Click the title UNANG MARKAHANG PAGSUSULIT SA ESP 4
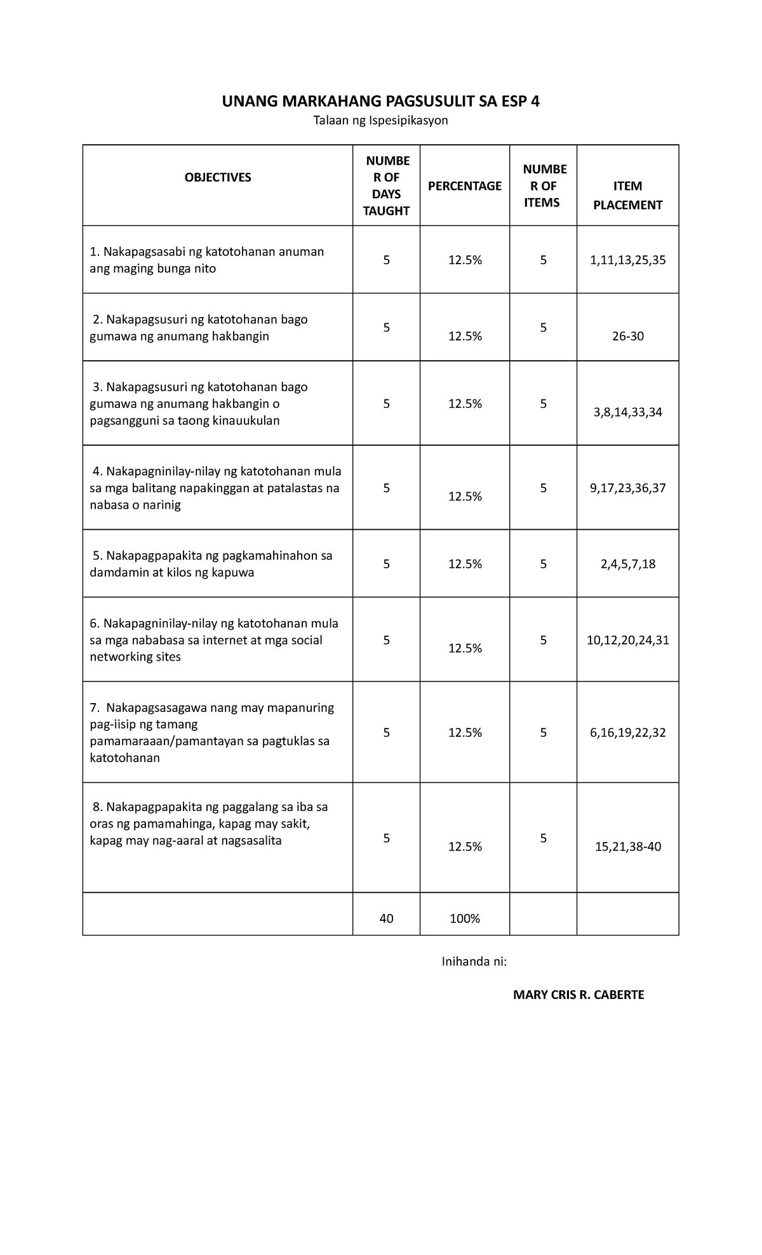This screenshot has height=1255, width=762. pyautogui.click(x=380, y=101)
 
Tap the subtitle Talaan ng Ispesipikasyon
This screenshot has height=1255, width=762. pyautogui.click(x=380, y=121)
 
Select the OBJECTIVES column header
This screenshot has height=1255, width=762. pyautogui.click(x=218, y=178)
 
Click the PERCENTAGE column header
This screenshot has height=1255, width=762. pyautogui.click(x=464, y=186)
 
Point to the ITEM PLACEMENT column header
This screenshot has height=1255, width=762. pyautogui.click(x=627, y=196)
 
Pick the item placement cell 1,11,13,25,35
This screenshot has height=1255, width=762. pyautogui.click(x=627, y=260)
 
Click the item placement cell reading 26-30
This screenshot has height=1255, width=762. pyautogui.click(x=627, y=336)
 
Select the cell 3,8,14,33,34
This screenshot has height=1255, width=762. pyautogui.click(x=627, y=412)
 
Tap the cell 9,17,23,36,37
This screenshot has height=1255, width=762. pyautogui.click(x=627, y=488)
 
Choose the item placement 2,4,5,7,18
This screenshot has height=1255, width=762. pyautogui.click(x=627, y=564)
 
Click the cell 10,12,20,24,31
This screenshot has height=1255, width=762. pyautogui.click(x=627, y=640)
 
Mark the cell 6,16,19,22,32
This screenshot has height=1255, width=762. pyautogui.click(x=627, y=732)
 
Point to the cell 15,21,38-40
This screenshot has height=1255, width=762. pyautogui.click(x=627, y=847)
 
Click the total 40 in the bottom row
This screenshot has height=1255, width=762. pyautogui.click(x=386, y=918)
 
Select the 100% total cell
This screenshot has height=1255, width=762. pyautogui.click(x=464, y=918)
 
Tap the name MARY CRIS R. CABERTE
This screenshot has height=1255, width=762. pyautogui.click(x=578, y=995)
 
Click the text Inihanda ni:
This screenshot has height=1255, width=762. pyautogui.click(x=474, y=962)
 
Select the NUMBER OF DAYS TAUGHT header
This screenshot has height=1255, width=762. pyautogui.click(x=386, y=185)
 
